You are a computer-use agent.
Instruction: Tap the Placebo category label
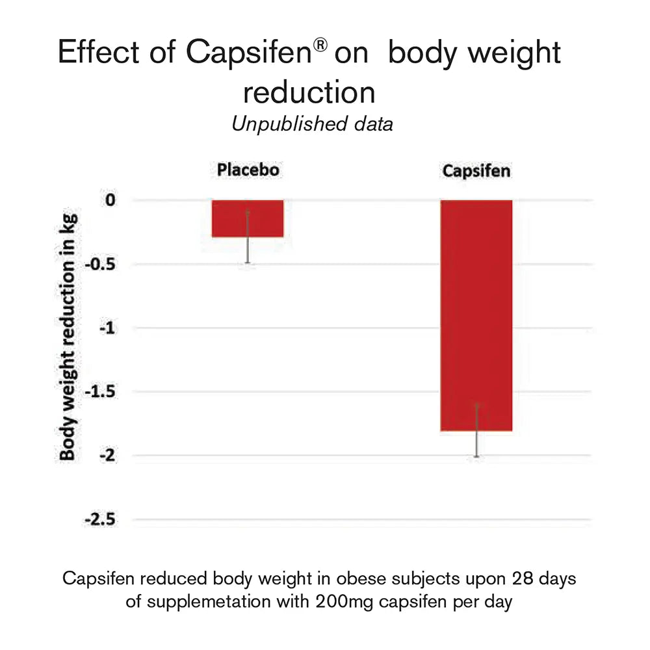pos(248,170)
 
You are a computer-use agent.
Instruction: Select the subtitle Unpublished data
pos(312,124)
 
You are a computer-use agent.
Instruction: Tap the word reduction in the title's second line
pos(309,92)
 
